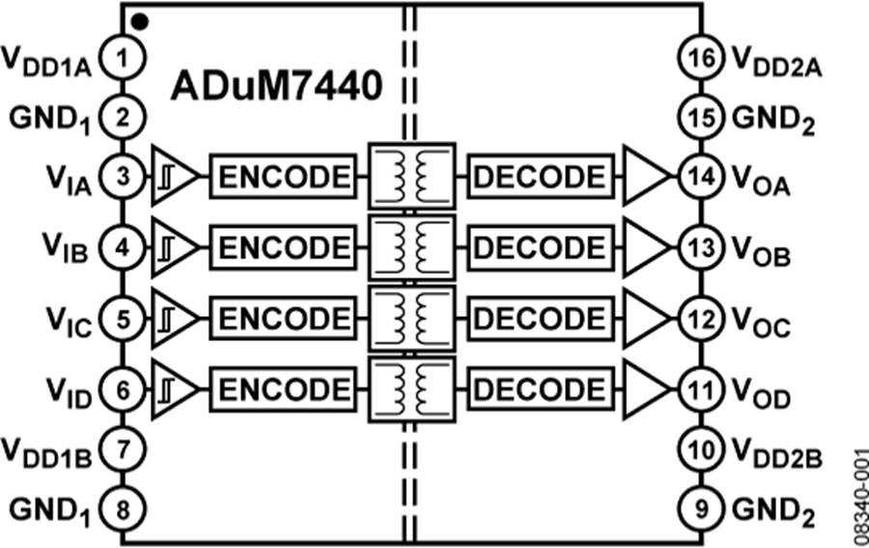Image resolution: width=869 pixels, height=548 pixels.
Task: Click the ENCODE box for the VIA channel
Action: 281,177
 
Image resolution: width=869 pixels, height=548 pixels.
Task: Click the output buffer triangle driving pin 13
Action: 645,247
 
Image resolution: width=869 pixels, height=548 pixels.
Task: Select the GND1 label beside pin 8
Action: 50,505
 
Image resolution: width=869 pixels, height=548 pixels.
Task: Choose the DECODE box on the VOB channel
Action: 541,247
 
